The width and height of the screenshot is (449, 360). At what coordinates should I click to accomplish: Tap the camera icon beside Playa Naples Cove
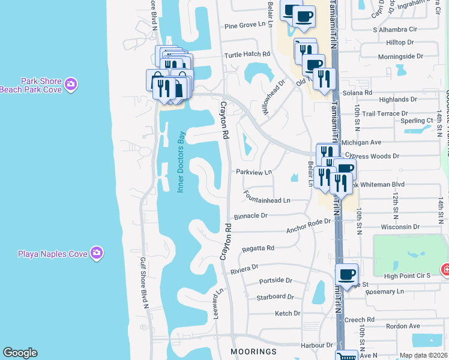[96, 253]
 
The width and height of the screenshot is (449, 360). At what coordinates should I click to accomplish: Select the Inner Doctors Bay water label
[180, 162]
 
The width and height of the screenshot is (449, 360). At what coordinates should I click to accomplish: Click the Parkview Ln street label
[254, 172]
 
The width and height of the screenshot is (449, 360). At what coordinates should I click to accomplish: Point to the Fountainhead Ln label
[267, 196]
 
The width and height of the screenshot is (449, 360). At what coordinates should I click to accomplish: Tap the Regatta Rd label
[258, 248]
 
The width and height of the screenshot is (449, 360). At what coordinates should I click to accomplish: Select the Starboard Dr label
[275, 296]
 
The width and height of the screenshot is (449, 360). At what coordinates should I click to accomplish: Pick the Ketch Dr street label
[287, 313]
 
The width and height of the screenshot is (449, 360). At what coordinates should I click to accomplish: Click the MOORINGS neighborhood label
[254, 351]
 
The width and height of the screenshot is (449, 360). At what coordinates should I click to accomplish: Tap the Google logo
[20, 352]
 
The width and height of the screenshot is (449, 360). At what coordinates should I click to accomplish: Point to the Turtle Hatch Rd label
[247, 54]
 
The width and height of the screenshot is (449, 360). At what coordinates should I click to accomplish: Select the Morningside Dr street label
[400, 56]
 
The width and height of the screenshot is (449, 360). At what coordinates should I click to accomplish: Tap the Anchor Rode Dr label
[309, 226]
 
